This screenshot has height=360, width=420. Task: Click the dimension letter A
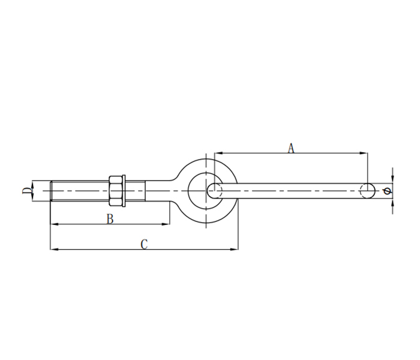tap(291, 148)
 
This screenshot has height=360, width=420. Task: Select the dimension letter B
tap(110, 219)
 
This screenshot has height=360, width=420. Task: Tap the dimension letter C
tap(143, 244)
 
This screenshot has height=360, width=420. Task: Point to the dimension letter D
tap(26, 191)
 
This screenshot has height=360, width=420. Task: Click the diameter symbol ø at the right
tap(386, 191)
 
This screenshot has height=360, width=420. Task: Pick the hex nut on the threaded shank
tap(117, 191)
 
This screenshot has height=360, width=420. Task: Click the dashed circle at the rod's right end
tap(367, 191)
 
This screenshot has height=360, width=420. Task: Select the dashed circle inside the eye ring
tap(215, 191)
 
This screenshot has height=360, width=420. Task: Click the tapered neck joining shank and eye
tap(165, 190)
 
